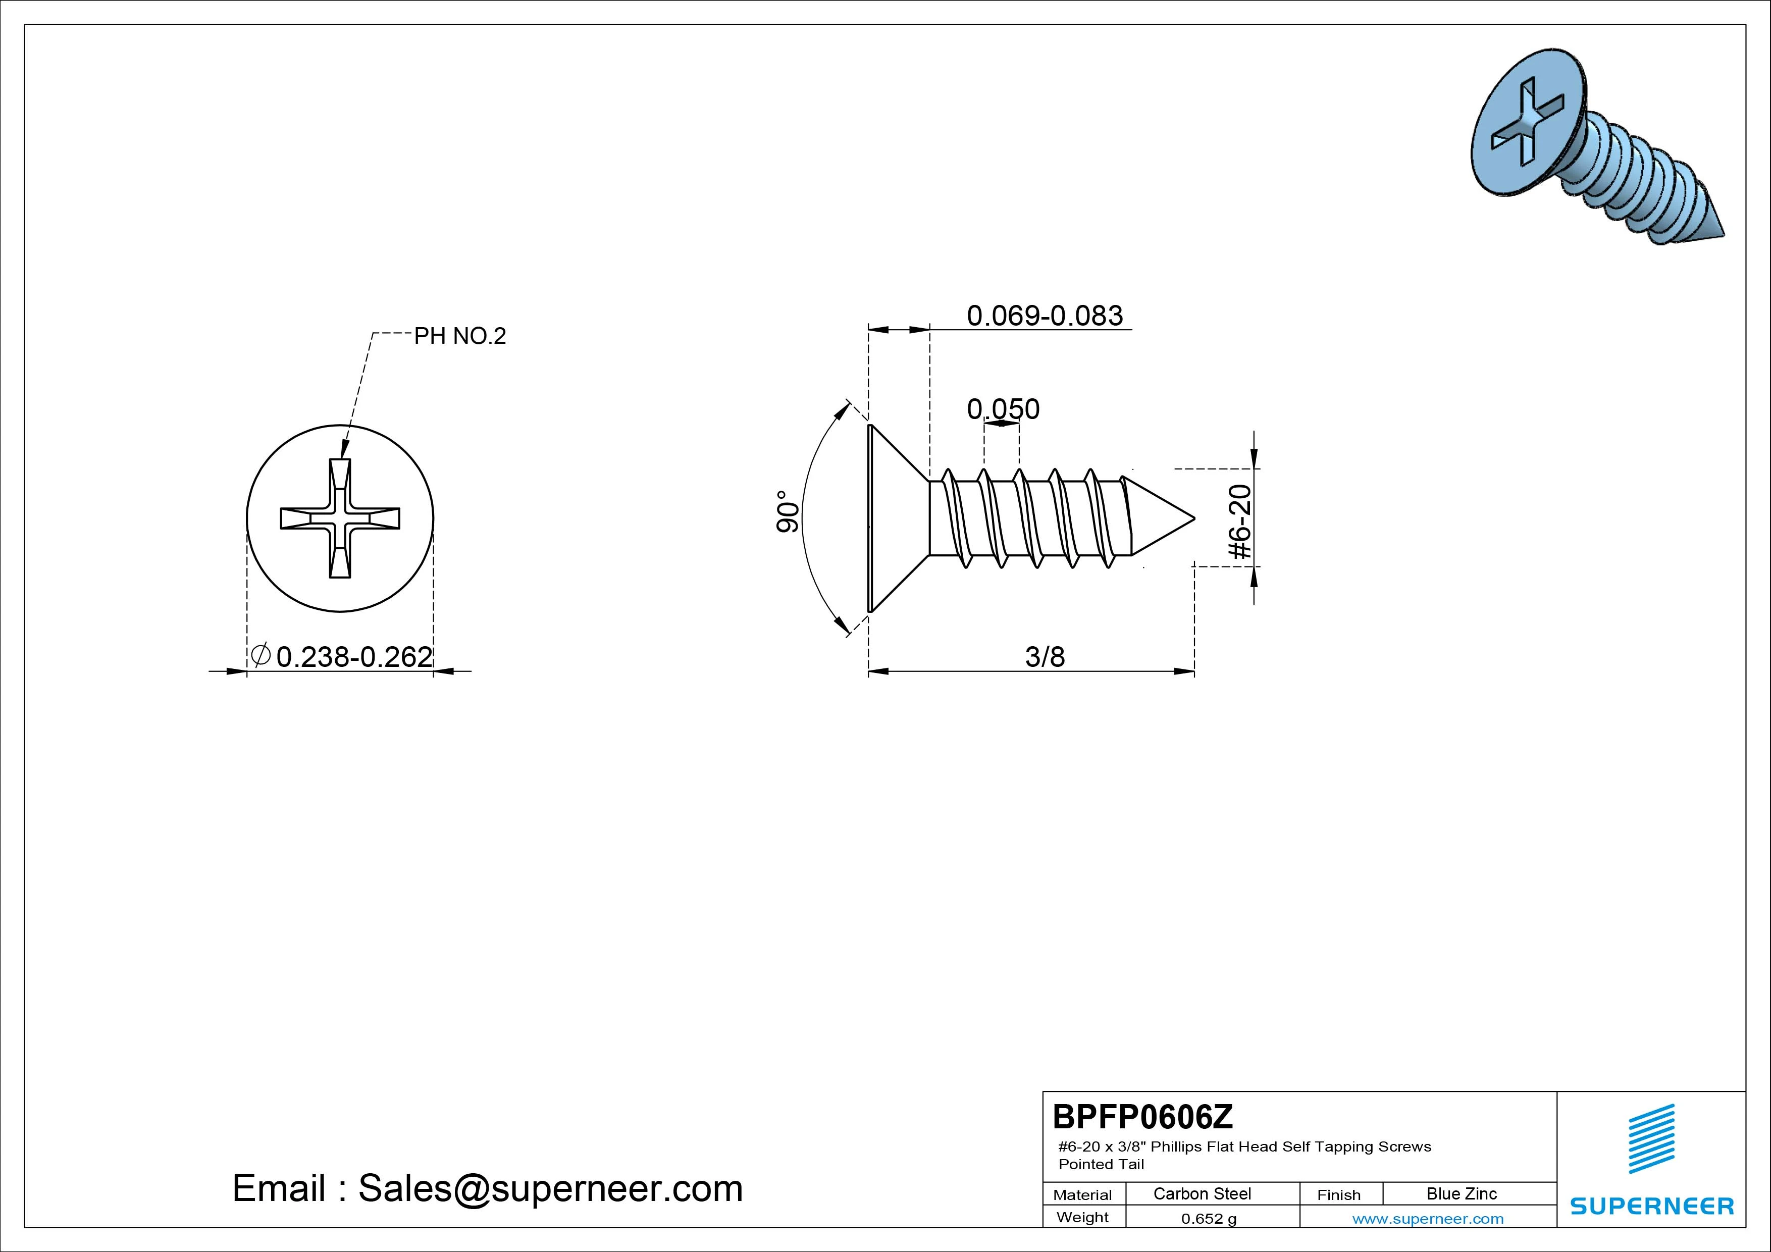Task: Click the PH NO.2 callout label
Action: pos(460,336)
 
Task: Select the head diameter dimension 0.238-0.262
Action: pos(354,656)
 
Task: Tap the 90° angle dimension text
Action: pos(787,511)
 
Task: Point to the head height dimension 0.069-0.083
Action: pos(1045,316)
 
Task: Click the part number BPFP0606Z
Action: pos(1142,1116)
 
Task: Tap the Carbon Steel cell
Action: pos(1202,1193)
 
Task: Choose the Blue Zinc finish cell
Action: pos(1462,1193)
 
